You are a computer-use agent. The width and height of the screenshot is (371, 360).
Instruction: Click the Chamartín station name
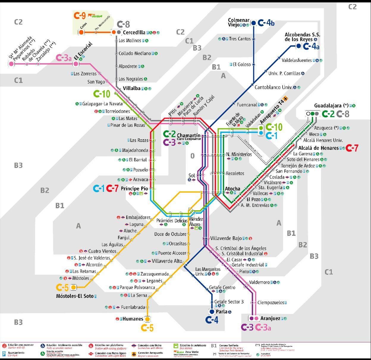point(188,135)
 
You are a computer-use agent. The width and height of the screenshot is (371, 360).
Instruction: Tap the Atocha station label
point(232,189)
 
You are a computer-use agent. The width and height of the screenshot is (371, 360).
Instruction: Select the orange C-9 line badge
point(80,16)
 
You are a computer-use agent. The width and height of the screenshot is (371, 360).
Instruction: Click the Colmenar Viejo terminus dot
point(254,23)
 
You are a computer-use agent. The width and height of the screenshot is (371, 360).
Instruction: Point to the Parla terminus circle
point(212,312)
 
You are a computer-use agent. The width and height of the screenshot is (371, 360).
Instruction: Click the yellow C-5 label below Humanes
point(147,328)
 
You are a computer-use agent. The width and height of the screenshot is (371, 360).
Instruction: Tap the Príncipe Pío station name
point(134,189)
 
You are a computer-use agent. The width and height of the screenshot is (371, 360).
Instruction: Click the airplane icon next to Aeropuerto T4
point(285,98)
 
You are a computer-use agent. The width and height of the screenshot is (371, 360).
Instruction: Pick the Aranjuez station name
point(270,318)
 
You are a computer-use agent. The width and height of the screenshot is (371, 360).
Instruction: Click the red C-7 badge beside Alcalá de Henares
point(352,148)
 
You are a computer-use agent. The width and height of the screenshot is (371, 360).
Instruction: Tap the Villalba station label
point(131,88)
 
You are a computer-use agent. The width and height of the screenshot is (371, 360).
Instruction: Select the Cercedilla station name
point(134,32)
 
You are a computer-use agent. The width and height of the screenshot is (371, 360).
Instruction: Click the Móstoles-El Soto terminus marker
point(73,287)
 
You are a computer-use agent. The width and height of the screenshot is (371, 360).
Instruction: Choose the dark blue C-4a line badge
point(311,46)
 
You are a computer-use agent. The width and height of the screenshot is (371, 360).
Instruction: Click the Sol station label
point(192,176)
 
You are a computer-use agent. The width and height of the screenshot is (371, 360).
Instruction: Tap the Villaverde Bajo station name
point(226,238)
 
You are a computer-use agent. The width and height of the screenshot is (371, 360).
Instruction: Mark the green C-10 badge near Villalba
point(102,94)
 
